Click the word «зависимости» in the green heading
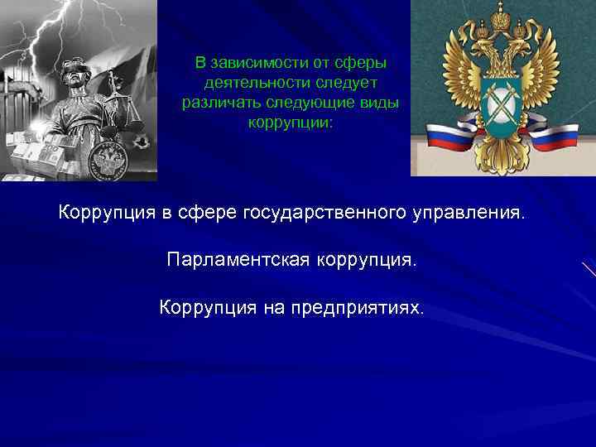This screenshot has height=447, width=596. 248,63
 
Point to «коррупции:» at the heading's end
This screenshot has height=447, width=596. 290,123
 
